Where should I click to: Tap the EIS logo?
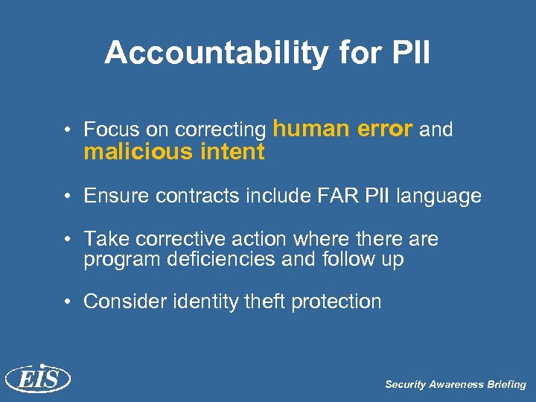[x=37, y=379]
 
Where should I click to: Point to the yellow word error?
[x=385, y=130]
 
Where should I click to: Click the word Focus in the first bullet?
[x=106, y=130]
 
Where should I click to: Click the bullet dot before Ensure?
[x=67, y=197]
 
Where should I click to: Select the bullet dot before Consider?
[x=67, y=302]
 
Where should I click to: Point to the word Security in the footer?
[x=404, y=385]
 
